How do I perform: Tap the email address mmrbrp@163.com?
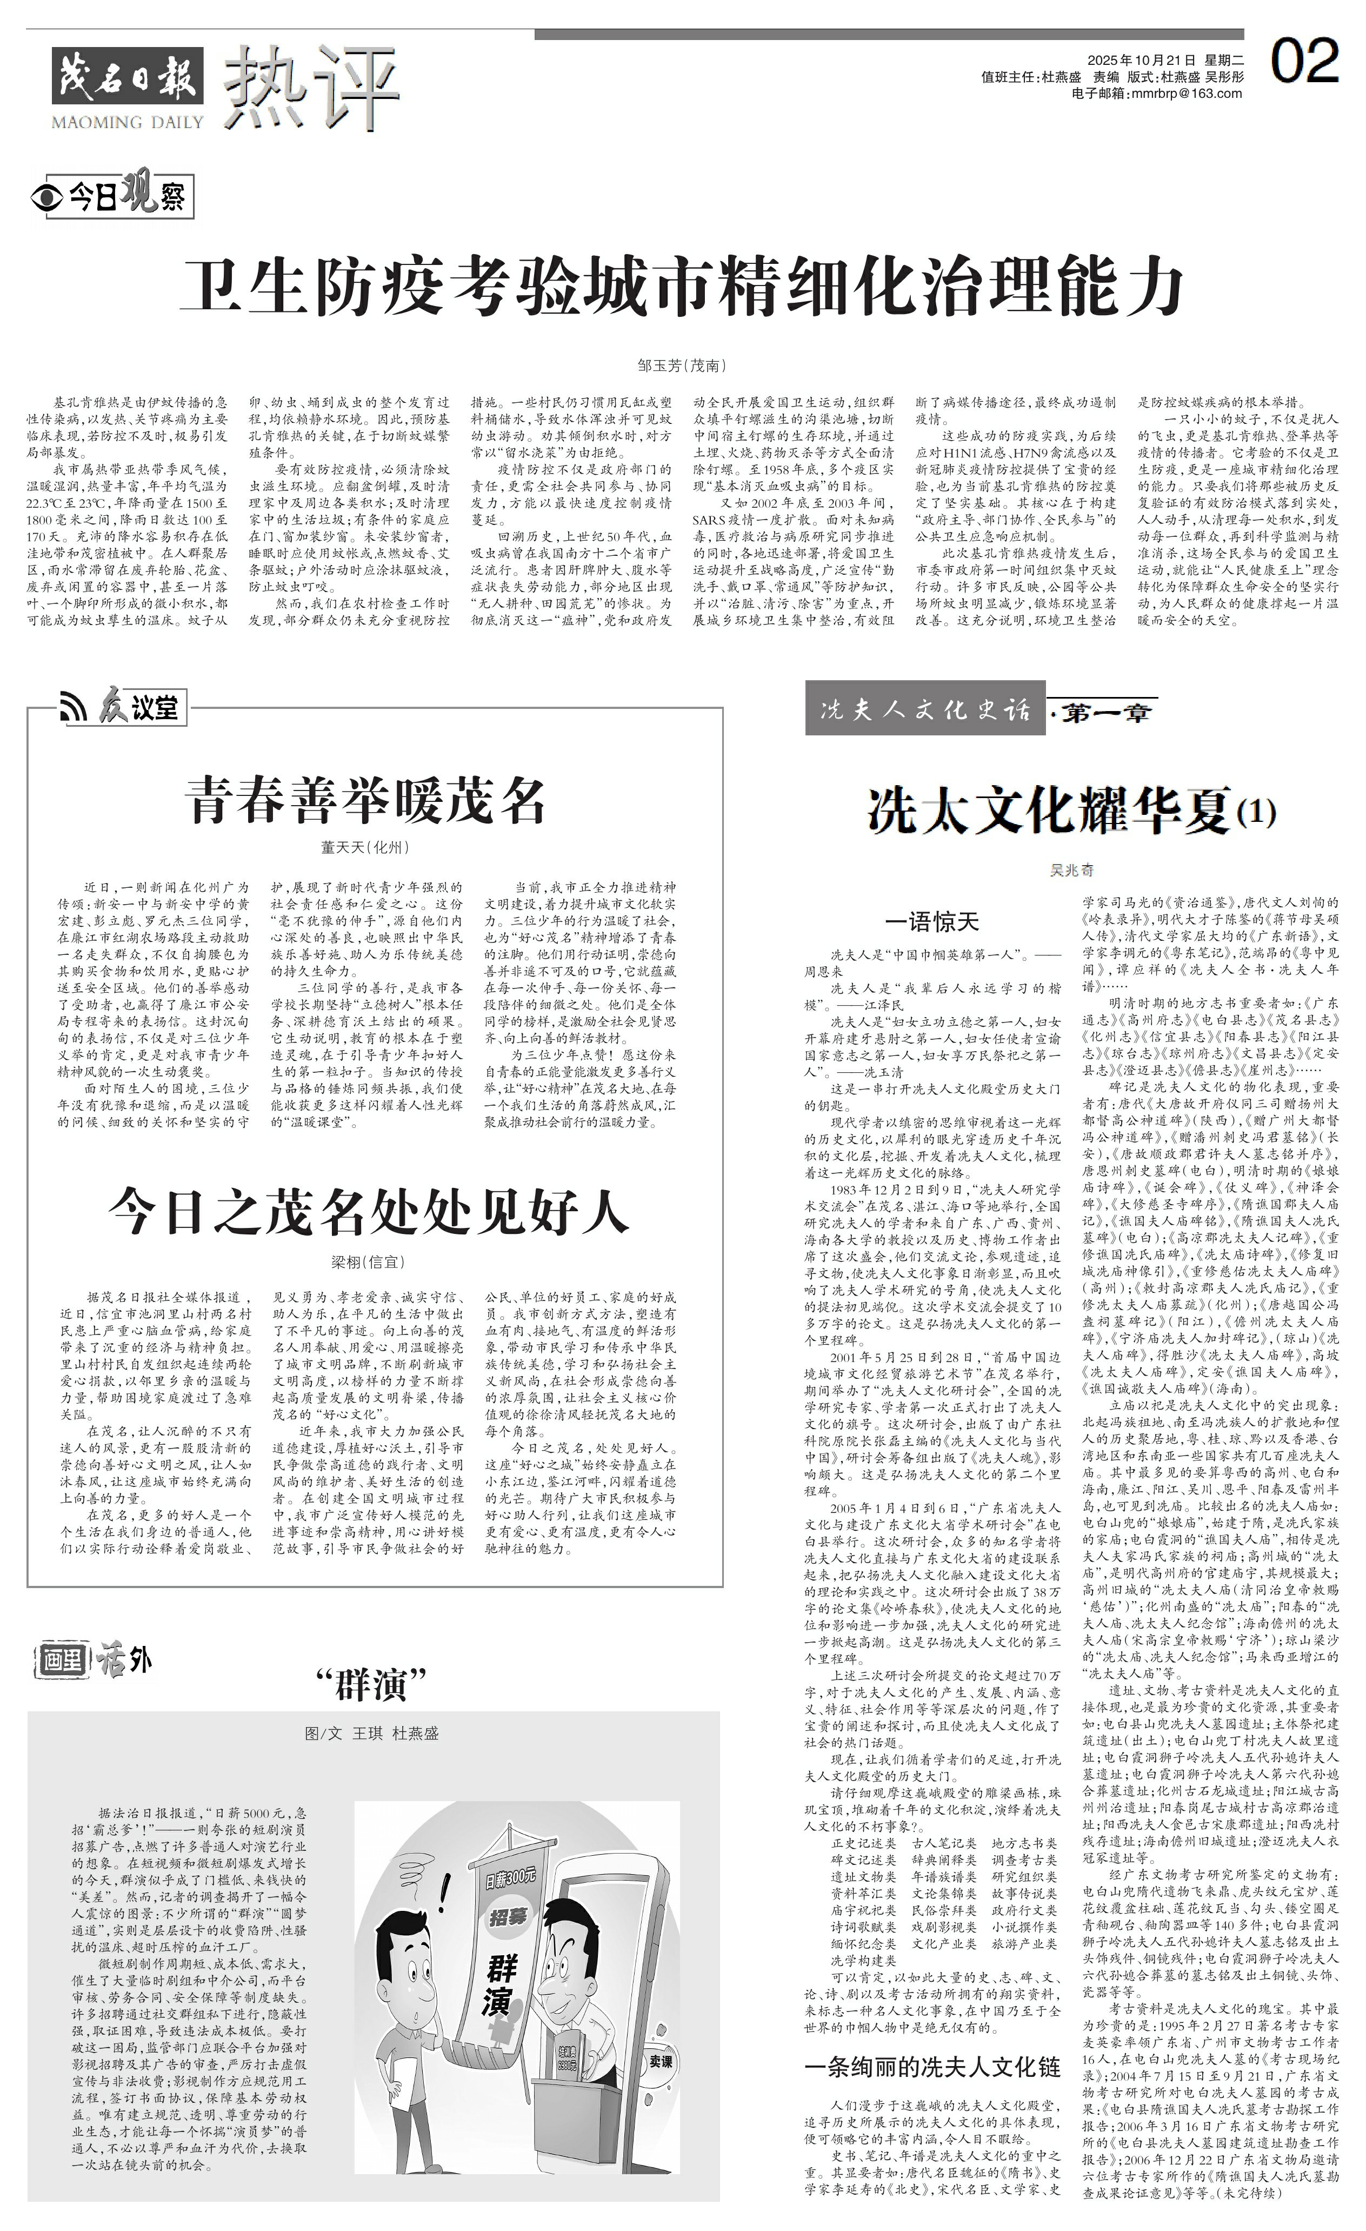click(x=1157, y=93)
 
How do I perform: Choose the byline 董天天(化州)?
click(x=366, y=847)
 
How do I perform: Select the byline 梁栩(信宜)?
click(x=368, y=1261)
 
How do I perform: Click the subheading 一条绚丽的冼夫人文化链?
click(x=932, y=2067)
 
